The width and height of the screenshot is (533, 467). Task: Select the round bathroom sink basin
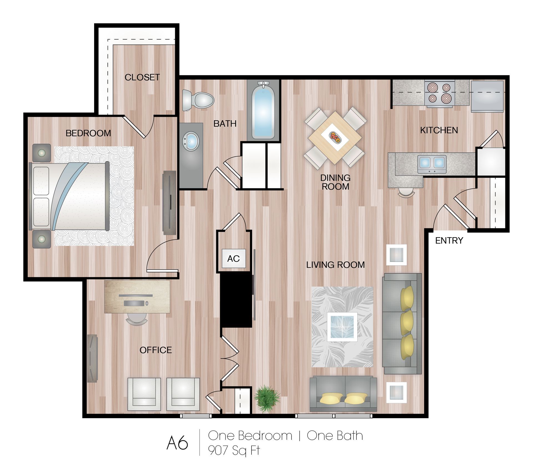tap(191, 141)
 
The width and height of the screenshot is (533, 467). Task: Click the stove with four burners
tap(439, 93)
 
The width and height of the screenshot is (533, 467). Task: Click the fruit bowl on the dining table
tap(335, 137)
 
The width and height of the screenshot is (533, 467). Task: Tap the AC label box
tap(233, 259)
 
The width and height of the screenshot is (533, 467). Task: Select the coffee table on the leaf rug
tap(342, 327)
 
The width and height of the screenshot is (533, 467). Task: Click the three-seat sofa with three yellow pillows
tap(402, 323)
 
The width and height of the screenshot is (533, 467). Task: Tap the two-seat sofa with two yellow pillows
tap(343, 394)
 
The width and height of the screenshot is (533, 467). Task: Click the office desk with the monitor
tap(137, 297)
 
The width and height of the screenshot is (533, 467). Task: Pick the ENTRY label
tap(449, 241)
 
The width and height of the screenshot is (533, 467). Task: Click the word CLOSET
tap(142, 77)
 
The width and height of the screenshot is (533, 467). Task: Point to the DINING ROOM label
tap(335, 182)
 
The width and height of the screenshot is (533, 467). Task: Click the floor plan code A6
tap(177, 443)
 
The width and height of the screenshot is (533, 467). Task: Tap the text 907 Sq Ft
tap(234, 450)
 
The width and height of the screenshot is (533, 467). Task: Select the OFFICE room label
tap(155, 350)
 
